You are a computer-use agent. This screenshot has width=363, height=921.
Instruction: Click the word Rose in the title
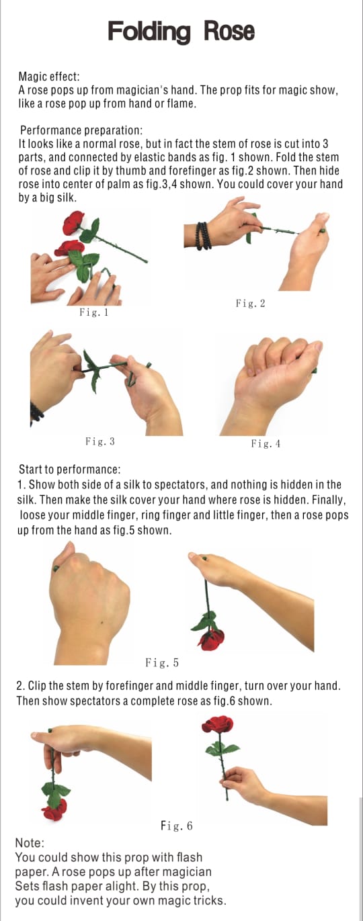pos(230,32)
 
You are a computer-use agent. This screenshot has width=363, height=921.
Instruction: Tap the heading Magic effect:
pos(49,77)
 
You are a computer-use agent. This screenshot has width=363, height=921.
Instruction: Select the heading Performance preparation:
pos(81,130)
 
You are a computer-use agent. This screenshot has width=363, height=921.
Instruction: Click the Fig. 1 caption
pos(94,312)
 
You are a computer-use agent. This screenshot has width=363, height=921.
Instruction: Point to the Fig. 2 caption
pos(251,304)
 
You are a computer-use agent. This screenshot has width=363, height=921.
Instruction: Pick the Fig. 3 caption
pos(100,441)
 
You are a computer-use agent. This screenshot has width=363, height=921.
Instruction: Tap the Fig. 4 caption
pos(266,443)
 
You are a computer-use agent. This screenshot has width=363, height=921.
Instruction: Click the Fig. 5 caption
pos(162,663)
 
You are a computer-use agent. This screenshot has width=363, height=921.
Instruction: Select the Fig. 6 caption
pos(177,826)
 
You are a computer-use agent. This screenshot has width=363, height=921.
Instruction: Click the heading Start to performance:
pos(69,469)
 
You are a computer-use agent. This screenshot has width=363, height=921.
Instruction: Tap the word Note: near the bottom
pos(29,843)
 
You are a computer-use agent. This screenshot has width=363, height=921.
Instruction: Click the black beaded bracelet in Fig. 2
pos(204,236)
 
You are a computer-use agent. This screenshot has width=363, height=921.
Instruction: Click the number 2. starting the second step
pos(22,686)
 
